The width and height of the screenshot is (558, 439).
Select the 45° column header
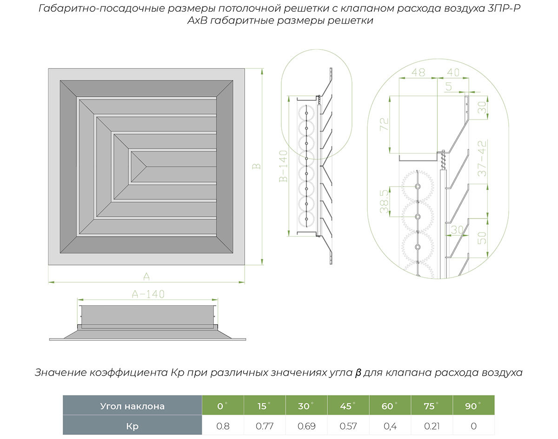[x=346, y=406]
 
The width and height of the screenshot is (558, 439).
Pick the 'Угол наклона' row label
[x=132, y=406]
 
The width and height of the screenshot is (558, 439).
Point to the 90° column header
[x=473, y=406]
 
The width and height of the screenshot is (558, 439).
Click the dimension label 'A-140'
[x=148, y=294]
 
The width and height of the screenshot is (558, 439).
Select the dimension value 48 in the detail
[x=418, y=73]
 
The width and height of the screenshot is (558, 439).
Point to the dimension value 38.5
[x=384, y=201]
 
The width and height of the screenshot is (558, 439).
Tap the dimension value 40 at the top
[x=453, y=73]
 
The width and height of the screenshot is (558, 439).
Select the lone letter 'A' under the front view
[x=146, y=277]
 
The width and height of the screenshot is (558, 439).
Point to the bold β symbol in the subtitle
[x=358, y=373]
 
